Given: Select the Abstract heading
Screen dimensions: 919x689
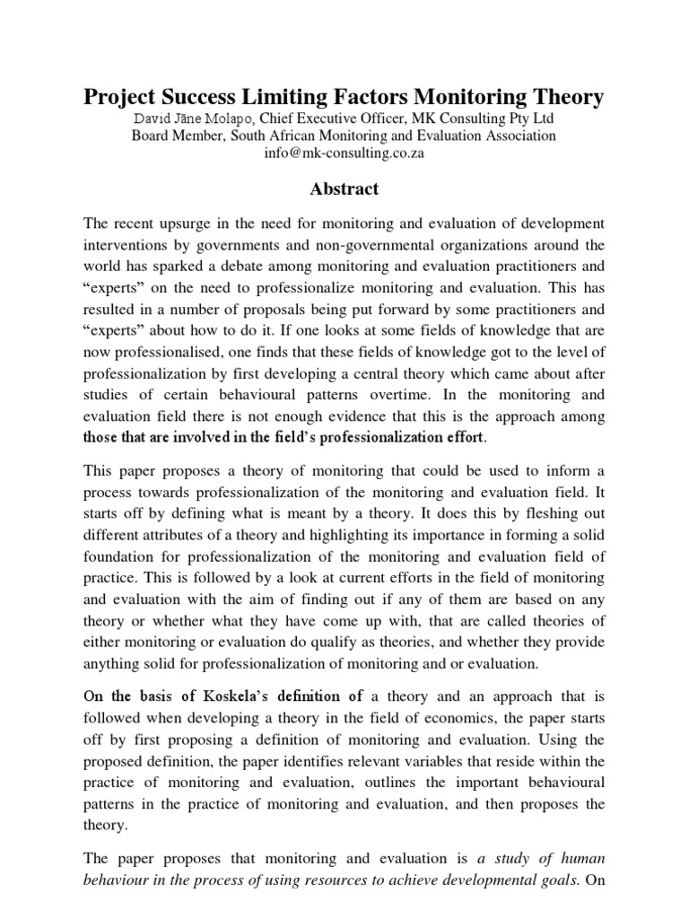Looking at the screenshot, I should pos(344,189).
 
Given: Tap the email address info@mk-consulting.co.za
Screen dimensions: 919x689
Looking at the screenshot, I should pos(344,153).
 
